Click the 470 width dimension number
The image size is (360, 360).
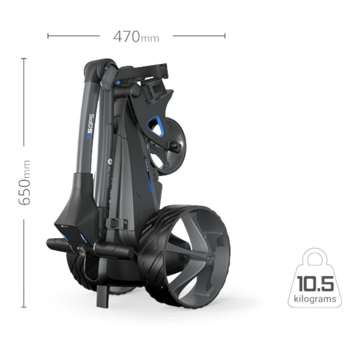pos(127,36)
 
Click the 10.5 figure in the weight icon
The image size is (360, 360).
pos(315,284)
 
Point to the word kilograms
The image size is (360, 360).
pos(315,298)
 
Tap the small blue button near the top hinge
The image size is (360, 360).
pos(118,82)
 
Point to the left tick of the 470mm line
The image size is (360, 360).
pos(48,36)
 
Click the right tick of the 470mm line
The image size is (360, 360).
pos(225,36)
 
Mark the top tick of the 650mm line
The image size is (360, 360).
pos(24,59)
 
